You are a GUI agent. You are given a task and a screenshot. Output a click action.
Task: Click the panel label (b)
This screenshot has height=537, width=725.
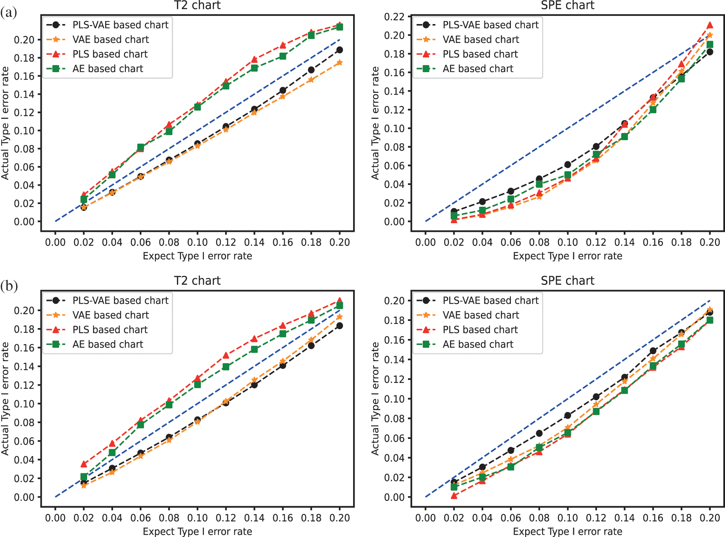(x=9, y=286)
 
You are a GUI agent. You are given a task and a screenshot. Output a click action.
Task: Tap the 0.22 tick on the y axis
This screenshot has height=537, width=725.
(x=394, y=17)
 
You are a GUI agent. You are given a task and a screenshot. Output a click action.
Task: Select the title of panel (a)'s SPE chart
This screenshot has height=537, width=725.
(x=567, y=6)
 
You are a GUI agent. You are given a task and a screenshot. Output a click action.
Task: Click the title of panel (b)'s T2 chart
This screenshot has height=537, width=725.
(x=197, y=281)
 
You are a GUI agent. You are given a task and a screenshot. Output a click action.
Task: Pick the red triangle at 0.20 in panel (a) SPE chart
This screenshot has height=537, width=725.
(x=710, y=25)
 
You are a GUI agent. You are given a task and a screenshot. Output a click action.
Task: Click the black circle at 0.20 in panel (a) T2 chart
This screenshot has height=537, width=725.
(x=340, y=50)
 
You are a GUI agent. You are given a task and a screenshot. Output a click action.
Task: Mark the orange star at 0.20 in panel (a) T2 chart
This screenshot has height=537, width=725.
(x=340, y=63)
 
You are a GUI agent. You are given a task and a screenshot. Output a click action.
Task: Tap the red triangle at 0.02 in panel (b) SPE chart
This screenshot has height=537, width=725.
(x=454, y=496)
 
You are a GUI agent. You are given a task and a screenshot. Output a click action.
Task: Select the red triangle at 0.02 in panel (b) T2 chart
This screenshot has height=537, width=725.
(x=84, y=464)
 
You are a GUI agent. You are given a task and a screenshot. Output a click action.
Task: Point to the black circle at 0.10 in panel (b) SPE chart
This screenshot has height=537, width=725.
(x=568, y=415)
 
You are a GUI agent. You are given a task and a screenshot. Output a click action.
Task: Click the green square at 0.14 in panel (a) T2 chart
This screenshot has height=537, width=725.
(x=254, y=68)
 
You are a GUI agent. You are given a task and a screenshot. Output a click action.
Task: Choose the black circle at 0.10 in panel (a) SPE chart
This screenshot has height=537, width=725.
(x=568, y=165)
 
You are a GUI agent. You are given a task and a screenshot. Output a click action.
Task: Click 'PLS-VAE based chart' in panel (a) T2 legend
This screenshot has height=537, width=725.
(x=120, y=25)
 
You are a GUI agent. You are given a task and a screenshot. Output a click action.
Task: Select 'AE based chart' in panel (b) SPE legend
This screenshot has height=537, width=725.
(x=478, y=344)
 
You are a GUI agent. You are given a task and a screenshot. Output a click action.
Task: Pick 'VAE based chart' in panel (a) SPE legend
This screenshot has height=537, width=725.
(x=481, y=39)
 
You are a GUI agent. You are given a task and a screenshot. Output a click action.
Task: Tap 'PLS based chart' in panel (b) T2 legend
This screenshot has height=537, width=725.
(x=110, y=330)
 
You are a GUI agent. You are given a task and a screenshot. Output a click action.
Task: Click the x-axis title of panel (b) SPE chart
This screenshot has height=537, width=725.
(x=567, y=531)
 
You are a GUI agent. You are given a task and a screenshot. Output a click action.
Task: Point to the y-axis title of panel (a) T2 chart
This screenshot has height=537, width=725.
(x=5, y=123)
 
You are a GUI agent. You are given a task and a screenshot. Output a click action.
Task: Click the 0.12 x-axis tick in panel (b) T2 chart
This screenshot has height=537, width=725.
(x=226, y=518)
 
